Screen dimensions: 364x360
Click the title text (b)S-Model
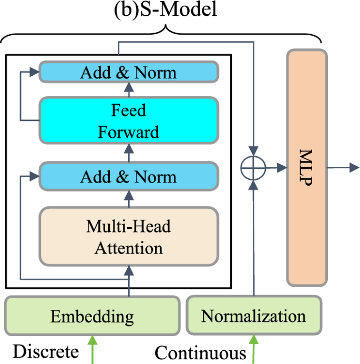pos(166,10)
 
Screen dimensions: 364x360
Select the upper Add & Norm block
pos(129,73)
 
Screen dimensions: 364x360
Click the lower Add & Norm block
pos(129,176)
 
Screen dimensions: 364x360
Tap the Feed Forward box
pos(129,120)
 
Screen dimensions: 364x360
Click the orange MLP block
pos(306,167)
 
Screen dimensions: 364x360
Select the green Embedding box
pos(92,317)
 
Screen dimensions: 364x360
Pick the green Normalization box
pos(253,317)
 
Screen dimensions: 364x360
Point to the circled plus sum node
pos(254,168)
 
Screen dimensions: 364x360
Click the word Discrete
pos(46,351)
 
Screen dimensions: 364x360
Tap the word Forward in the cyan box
pos(129,131)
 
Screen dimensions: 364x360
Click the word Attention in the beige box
pos(129,247)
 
